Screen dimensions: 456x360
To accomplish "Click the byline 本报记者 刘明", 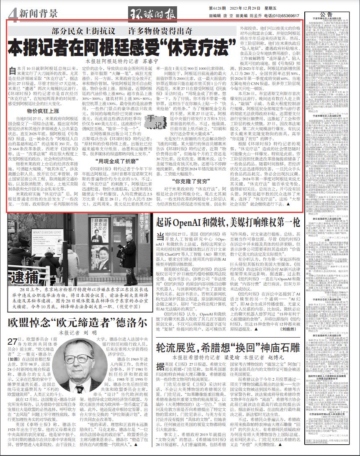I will (72, 333).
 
